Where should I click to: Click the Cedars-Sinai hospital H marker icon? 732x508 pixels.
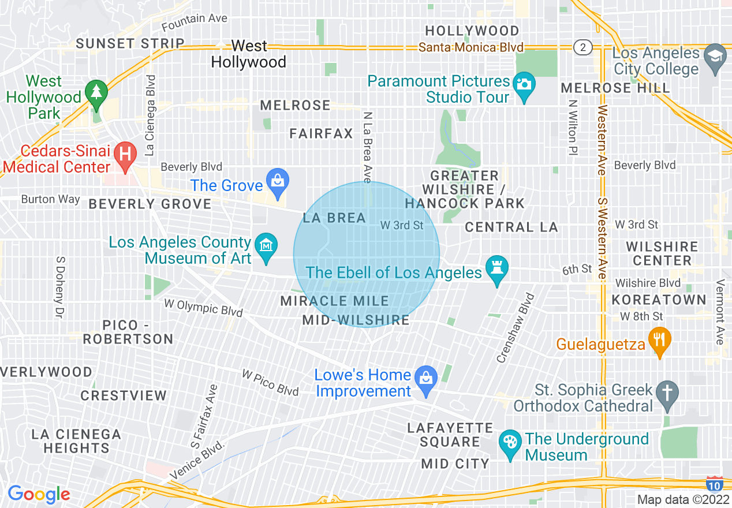(124, 154)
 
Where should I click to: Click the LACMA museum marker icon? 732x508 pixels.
(266, 245)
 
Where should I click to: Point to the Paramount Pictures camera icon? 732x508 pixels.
(524, 84)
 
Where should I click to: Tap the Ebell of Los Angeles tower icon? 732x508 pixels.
(496, 267)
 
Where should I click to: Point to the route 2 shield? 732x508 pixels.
(582, 47)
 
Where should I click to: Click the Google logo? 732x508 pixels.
(39, 494)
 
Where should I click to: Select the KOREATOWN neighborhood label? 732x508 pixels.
(659, 300)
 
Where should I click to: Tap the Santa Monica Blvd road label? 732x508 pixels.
(471, 47)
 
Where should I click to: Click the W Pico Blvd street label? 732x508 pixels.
(270, 383)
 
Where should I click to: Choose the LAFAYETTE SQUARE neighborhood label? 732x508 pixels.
(450, 435)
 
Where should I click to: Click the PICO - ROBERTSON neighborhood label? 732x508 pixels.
(128, 332)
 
